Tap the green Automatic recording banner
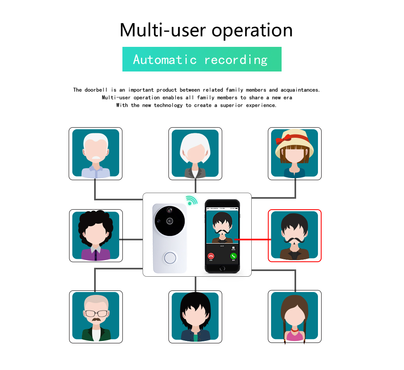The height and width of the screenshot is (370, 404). point(202,59)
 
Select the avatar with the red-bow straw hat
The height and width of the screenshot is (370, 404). point(295,153)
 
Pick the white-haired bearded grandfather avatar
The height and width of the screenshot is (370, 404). point(95,153)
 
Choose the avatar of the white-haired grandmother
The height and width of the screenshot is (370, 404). point(195,153)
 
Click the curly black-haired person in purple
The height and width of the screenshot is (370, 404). point(95,235)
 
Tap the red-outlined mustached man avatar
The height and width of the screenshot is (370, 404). point(295,235)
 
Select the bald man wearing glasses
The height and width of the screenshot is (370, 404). point(95,317)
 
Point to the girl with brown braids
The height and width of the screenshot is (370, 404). point(295,317)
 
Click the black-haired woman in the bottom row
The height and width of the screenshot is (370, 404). point(195,317)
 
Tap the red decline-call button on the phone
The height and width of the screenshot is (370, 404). point(211,256)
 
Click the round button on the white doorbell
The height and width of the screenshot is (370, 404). point(170,257)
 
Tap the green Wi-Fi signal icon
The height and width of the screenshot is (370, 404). point(191,200)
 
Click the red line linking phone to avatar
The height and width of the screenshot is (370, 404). point(251,240)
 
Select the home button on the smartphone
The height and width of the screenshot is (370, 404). point(222,268)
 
